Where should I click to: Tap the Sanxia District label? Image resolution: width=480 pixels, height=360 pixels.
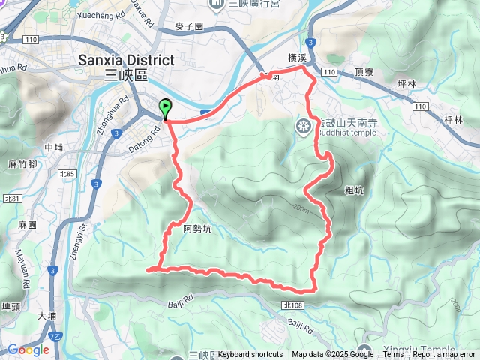(126, 60)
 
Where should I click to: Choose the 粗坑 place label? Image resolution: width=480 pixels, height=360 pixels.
(355, 190)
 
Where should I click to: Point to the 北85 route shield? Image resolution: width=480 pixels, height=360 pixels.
(71, 175)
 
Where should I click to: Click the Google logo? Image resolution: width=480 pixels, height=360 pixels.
(28, 349)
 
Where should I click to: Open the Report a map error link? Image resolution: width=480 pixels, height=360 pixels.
(445, 355)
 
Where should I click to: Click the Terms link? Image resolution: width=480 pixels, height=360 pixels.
(393, 355)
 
